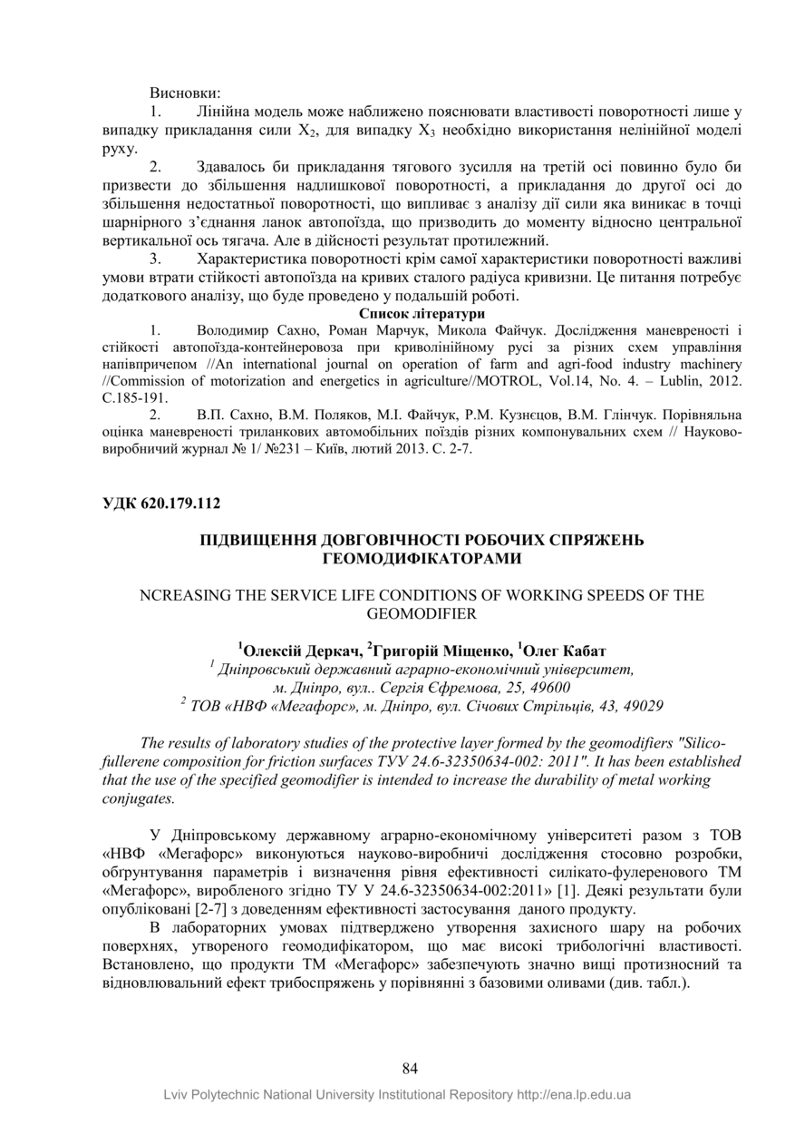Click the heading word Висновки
185,93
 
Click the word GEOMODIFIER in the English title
422,613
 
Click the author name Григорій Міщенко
441,651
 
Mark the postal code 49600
545,687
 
